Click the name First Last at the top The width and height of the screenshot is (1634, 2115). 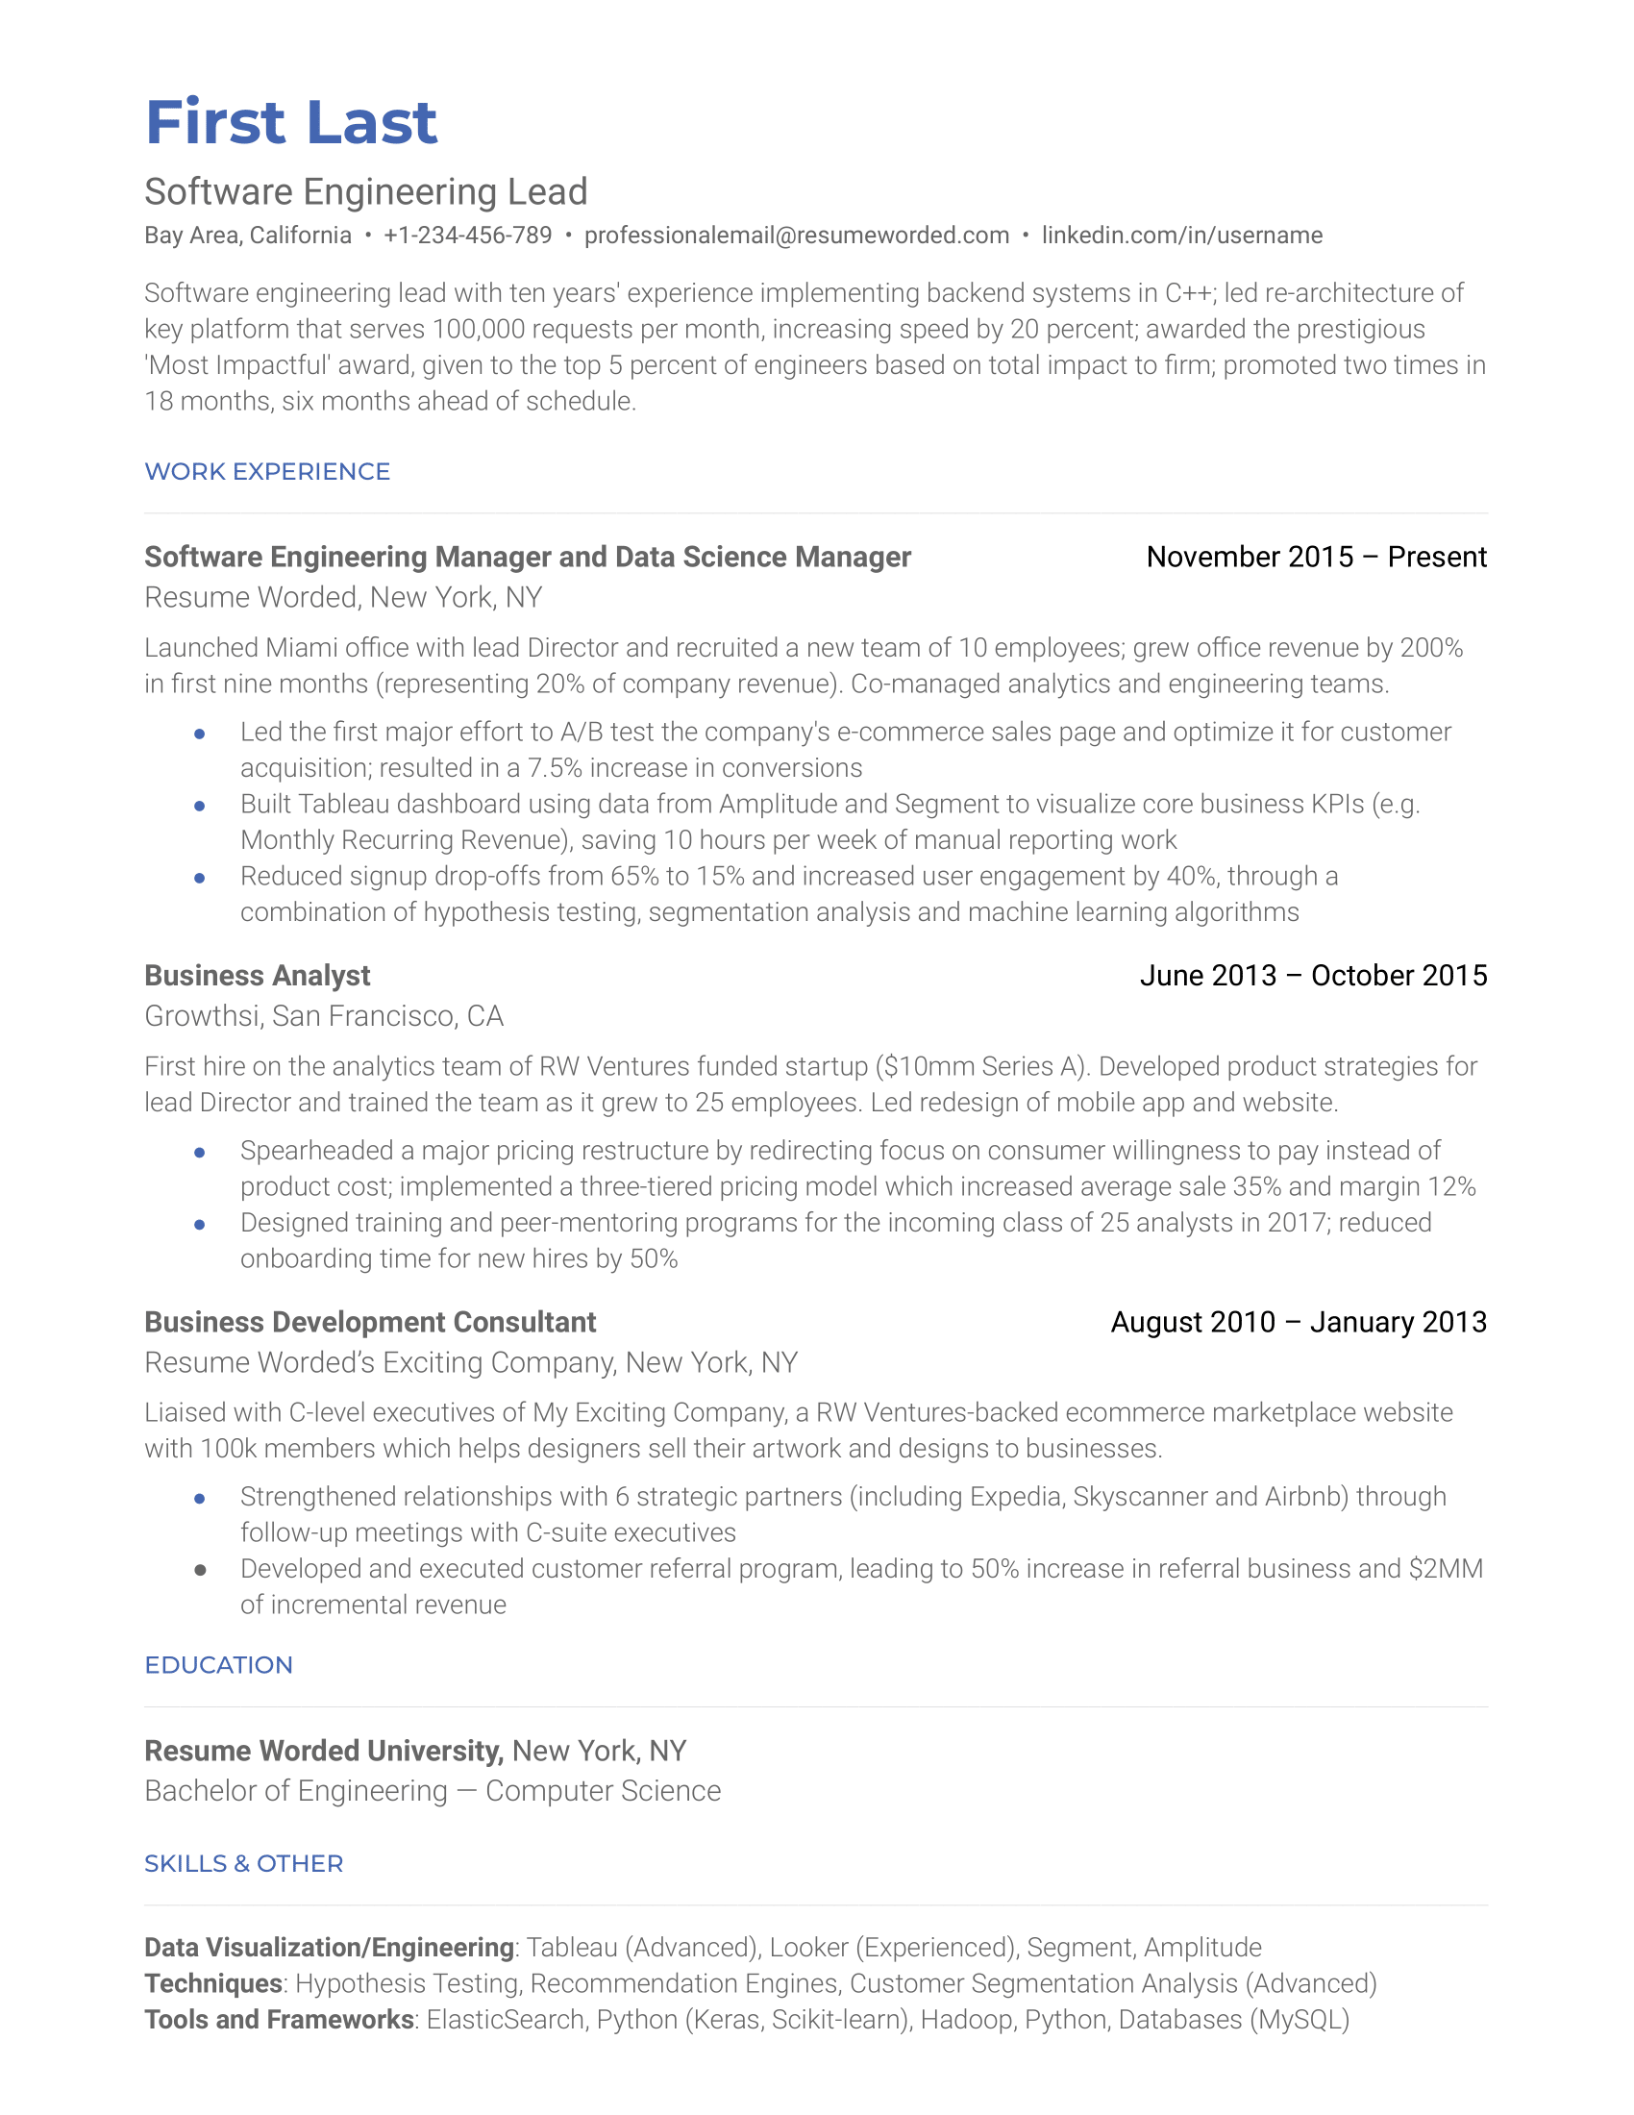pyautogui.click(x=290, y=123)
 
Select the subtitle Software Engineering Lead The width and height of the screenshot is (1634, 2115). pyautogui.click(x=366, y=191)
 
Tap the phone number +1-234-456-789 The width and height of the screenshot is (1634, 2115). pyautogui.click(x=467, y=236)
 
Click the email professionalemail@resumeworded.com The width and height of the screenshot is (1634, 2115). pyautogui.click(x=796, y=236)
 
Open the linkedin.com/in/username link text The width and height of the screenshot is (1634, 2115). pyautogui.click(x=1181, y=236)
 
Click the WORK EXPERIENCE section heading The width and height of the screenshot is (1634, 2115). pyautogui.click(x=267, y=472)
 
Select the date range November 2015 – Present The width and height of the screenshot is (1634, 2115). pyautogui.click(x=1316, y=557)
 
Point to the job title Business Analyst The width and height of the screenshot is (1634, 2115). pyautogui.click(x=258, y=975)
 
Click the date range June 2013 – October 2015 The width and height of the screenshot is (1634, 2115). pyautogui.click(x=1313, y=975)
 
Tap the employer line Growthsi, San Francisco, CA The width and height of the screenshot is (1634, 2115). pyautogui.click(x=323, y=1016)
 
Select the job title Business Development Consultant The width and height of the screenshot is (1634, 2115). pyautogui.click(x=370, y=1322)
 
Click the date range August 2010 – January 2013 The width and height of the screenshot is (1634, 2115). pyautogui.click(x=1299, y=1322)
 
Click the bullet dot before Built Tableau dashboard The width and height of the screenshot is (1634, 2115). pyautogui.click(x=199, y=805)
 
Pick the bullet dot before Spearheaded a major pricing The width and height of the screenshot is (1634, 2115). pyautogui.click(x=199, y=1152)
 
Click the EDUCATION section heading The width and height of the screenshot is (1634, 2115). pyautogui.click(x=219, y=1665)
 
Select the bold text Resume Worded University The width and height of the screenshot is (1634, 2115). pyautogui.click(x=323, y=1751)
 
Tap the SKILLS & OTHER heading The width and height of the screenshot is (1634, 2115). pyautogui.click(x=244, y=1863)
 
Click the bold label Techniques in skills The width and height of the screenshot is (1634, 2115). pyautogui.click(x=213, y=1983)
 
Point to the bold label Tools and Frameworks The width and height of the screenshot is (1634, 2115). pyautogui.click(x=279, y=2019)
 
